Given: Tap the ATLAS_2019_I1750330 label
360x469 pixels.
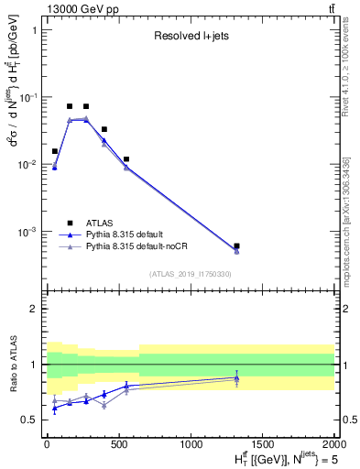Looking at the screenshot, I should pos(190,273).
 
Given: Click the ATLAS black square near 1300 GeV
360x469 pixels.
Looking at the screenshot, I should pos(237,246).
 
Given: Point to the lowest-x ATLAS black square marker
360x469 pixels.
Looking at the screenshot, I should pos(54,151).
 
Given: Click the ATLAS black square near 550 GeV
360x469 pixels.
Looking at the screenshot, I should pos(126,159).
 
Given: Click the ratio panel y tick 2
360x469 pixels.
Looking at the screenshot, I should pos(36,309).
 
